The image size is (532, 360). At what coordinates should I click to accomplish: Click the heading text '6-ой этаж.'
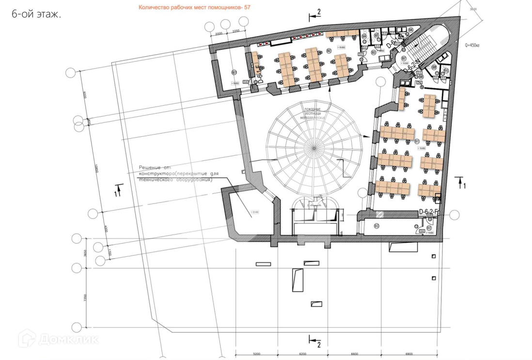pyautogui.click(x=36, y=14)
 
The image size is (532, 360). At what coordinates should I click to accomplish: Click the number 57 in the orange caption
pyautogui.click(x=248, y=8)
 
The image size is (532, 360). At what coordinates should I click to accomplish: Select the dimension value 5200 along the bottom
pyautogui.click(x=256, y=354)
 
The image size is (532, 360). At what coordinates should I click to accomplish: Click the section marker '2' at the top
pyautogui.click(x=318, y=12)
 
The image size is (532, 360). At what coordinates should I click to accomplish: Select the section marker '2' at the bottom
pyautogui.click(x=318, y=344)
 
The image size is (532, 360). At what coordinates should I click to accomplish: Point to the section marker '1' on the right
pyautogui.click(x=464, y=185)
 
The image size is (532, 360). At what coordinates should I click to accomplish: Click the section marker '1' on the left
pyautogui.click(x=115, y=193)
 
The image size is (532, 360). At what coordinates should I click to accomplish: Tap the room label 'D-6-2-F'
pyautogui.click(x=429, y=212)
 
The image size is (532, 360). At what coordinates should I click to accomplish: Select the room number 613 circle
pyautogui.click(x=376, y=225)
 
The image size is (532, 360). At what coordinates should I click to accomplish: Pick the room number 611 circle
pyautogui.click(x=417, y=141)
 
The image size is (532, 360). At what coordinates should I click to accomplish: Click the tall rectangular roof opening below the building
pyautogui.click(x=297, y=280)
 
